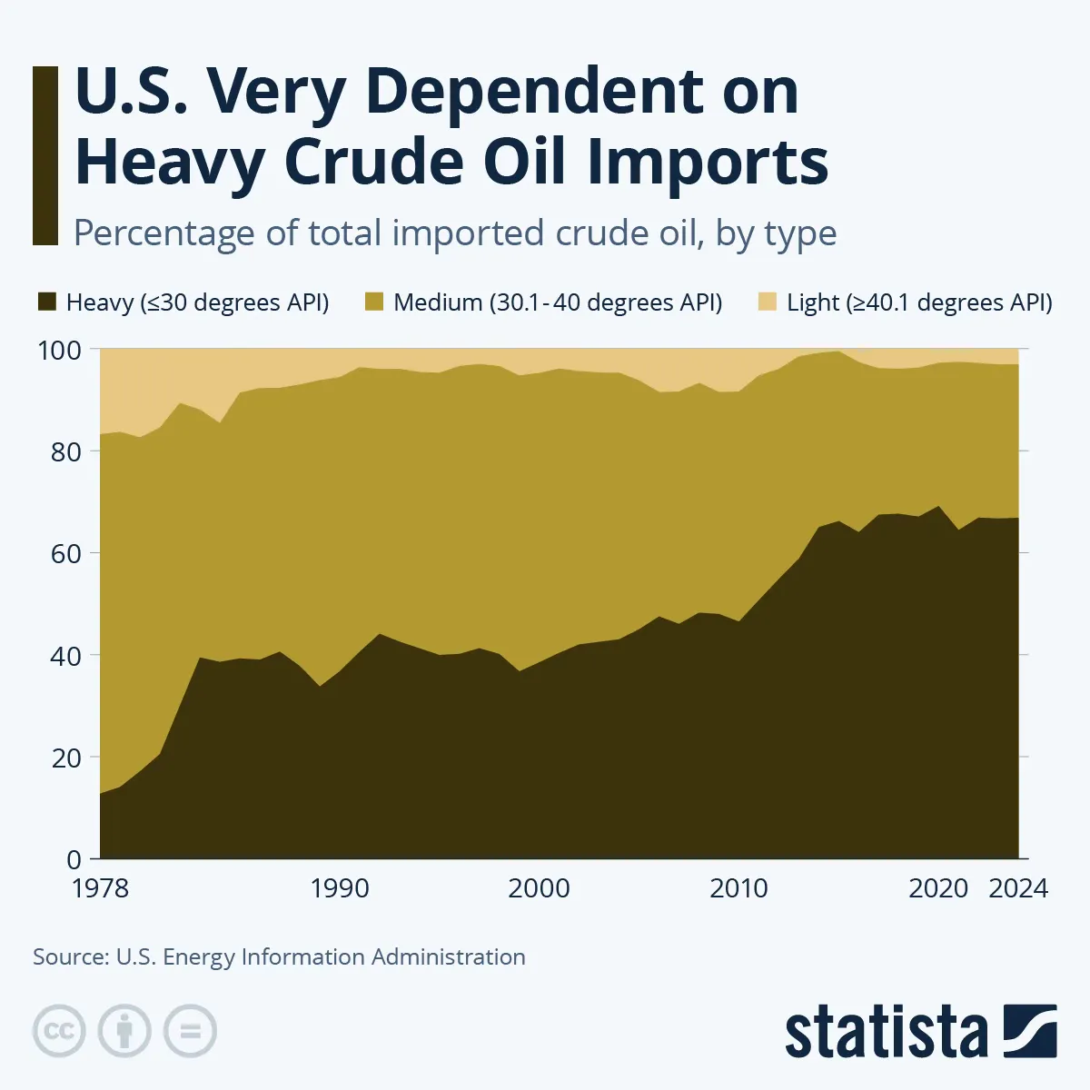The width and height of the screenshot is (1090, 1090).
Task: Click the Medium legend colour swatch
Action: [373, 302]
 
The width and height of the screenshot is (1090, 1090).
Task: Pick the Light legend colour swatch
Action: [768, 302]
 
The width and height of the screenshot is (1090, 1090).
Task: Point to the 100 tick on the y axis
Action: [60, 350]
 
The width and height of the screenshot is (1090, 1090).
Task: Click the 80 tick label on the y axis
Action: [65, 451]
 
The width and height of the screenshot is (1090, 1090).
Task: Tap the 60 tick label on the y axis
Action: [65, 553]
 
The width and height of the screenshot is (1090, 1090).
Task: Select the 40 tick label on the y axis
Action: [65, 655]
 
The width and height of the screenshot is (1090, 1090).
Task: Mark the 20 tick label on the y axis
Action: [65, 758]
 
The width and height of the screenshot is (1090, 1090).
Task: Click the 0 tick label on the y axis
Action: [74, 859]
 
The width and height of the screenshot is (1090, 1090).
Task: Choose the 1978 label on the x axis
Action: [100, 888]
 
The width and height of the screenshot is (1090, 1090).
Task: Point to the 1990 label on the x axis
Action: [340, 888]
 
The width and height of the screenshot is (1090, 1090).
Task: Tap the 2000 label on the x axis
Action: [539, 888]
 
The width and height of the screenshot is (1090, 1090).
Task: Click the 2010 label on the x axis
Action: [738, 888]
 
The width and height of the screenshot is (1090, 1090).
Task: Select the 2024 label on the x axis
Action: [1018, 888]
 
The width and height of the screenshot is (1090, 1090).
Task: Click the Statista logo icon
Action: [1029, 1031]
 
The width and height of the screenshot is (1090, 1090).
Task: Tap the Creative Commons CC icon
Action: [59, 1031]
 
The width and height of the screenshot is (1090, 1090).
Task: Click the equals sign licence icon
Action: [190, 1031]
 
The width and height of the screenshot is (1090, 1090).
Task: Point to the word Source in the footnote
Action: [69, 957]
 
